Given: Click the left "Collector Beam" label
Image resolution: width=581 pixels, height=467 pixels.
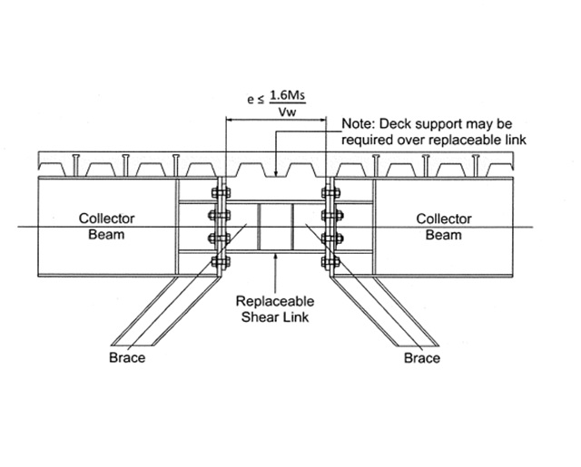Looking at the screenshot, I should pos(102,227).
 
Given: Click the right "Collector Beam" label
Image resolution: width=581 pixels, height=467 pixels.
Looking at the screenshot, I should pos(444,227).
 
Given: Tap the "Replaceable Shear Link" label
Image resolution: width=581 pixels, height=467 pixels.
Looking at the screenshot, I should pos(274,308).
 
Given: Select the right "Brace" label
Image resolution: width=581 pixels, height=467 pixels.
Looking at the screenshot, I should pos(422,358).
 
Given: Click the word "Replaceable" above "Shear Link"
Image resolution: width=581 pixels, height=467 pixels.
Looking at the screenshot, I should pos(274,301).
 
